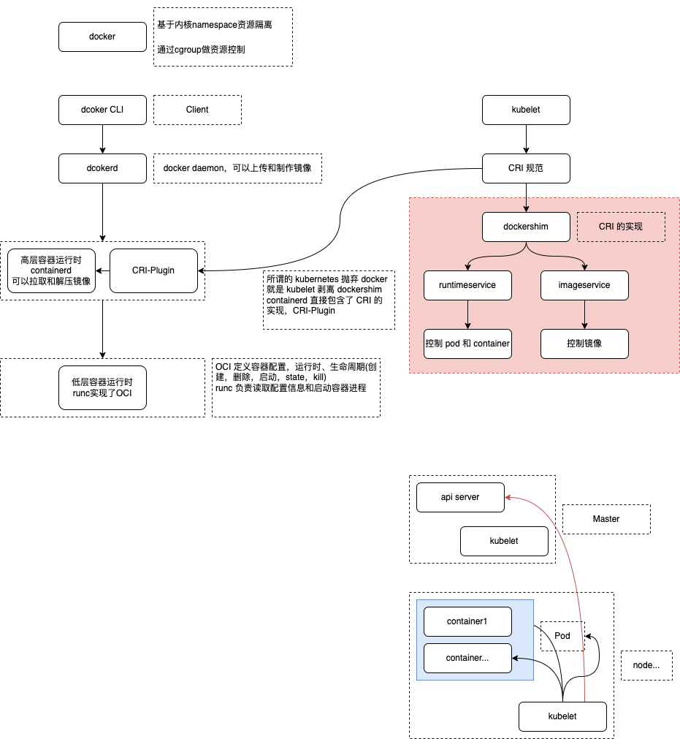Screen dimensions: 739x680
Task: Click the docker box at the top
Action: tap(102, 37)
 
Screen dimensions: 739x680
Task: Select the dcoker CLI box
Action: tap(102, 110)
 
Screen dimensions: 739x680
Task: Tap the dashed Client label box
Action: tap(197, 110)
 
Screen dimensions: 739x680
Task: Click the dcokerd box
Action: tap(102, 168)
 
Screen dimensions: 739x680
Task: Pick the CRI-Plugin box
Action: tap(153, 270)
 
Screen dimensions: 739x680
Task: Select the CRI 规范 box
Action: tap(526, 168)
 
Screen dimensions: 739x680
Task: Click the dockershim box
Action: tap(526, 227)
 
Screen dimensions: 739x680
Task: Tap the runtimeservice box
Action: tap(467, 285)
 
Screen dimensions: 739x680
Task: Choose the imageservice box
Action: tap(584, 285)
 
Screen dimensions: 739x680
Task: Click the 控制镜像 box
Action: tap(584, 344)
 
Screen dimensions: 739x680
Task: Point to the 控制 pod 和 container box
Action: tap(467, 344)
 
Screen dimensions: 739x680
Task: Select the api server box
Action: tap(460, 497)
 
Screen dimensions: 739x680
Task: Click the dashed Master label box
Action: tap(606, 519)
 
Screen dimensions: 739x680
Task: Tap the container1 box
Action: tap(467, 621)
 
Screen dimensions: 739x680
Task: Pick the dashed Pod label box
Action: tap(562, 636)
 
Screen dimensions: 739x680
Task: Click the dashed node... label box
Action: tap(646, 665)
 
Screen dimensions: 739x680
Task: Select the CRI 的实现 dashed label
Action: tap(621, 227)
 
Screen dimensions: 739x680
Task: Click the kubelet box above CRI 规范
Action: tap(526, 110)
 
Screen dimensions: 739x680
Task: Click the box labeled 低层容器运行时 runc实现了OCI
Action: tap(102, 387)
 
